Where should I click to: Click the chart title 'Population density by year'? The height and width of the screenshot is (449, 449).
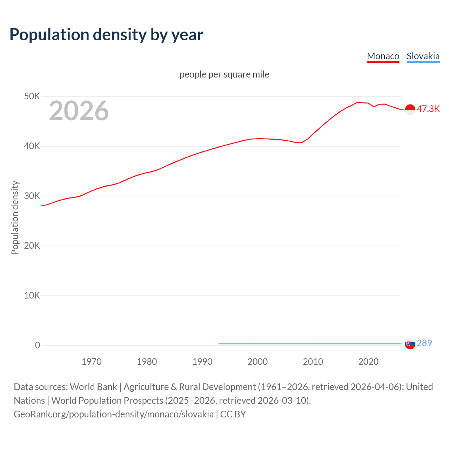pos(106,35)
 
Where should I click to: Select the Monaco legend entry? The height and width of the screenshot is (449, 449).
pos(383,56)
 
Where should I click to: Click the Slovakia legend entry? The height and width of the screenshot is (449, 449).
pos(423,56)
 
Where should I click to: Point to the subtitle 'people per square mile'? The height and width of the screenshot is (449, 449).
pos(224,74)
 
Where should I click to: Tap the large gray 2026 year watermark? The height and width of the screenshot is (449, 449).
pos(79,111)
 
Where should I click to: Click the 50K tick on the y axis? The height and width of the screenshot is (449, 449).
pos(32,96)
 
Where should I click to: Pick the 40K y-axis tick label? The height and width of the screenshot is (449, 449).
pos(32,146)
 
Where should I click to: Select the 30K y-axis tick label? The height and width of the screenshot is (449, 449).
pos(32,196)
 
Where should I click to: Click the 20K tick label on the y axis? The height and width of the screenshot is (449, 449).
pos(32,246)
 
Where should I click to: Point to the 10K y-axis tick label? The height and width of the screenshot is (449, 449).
pos(32,295)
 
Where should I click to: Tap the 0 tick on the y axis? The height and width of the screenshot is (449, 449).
pos(38,345)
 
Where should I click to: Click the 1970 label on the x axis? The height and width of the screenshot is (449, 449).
pos(92,362)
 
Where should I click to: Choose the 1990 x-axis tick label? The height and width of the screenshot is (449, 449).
pos(202,362)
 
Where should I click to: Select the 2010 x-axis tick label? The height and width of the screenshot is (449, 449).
pos(313,362)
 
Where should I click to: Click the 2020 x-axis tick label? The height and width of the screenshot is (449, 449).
pos(368,362)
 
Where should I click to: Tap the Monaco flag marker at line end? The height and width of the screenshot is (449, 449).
pos(410,109)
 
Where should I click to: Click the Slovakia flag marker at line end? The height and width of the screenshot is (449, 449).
pos(410,344)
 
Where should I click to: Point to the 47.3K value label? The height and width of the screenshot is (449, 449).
pos(428,109)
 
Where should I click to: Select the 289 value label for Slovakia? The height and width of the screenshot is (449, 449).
pos(424,343)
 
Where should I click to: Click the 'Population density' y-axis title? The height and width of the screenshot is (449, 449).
pos(15,217)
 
